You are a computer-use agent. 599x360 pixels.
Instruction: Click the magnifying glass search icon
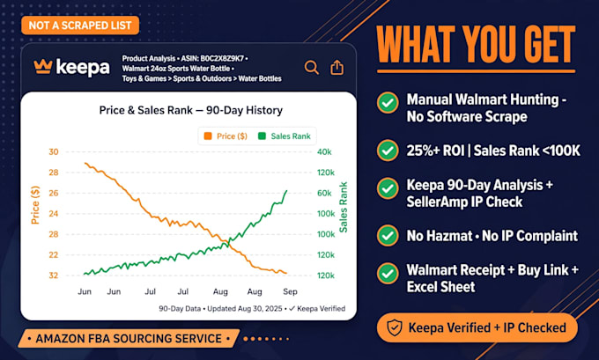(311, 68)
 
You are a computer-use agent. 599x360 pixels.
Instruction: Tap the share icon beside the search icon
(336, 67)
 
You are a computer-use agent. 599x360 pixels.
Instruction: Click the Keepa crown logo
(43, 66)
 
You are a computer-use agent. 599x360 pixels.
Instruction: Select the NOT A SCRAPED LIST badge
(80, 26)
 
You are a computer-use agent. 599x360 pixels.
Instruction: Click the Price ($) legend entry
(226, 136)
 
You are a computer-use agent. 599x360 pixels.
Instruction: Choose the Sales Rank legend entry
(285, 136)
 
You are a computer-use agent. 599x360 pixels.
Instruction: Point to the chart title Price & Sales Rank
(146, 110)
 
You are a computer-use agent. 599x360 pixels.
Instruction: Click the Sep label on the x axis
(290, 291)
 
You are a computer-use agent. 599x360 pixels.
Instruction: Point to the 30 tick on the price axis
(54, 152)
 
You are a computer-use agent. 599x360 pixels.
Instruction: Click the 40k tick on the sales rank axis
(324, 152)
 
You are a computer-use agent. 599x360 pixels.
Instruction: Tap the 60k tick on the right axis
(324, 193)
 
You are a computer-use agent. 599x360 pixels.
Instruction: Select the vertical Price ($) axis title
(35, 205)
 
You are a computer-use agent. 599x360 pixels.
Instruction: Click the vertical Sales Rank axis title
(344, 208)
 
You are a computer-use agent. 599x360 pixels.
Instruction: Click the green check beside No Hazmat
(388, 236)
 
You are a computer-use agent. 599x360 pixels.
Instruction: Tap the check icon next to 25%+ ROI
(388, 151)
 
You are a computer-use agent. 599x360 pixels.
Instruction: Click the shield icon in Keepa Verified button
(395, 327)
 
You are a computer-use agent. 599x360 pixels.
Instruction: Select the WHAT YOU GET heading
(476, 45)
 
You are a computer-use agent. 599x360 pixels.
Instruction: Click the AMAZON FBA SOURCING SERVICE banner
(129, 339)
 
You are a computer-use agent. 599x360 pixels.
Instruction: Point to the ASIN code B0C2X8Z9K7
(222, 58)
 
